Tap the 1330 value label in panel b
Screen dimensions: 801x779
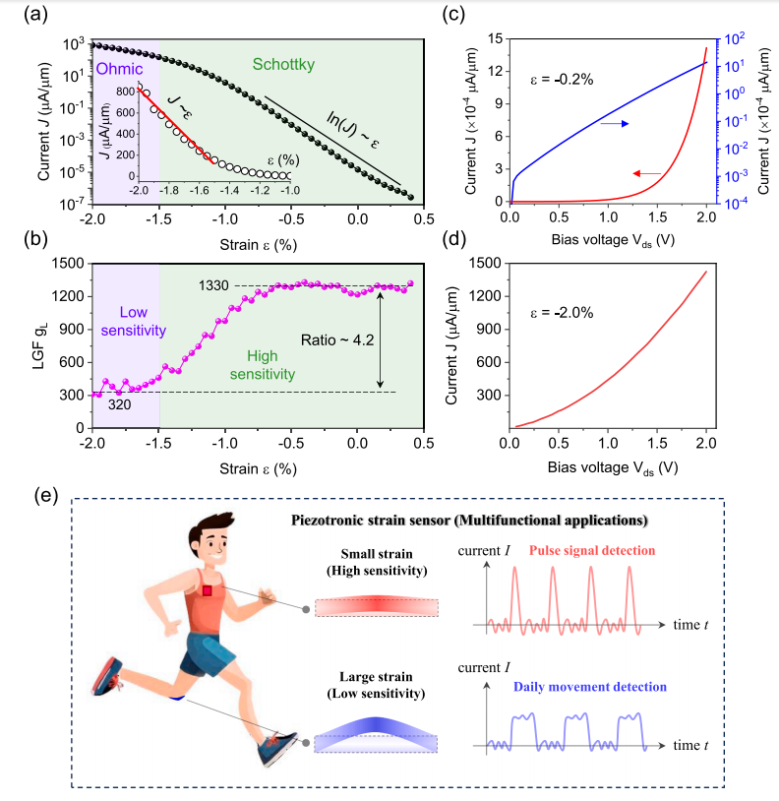(214, 285)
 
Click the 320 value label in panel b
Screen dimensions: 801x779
(120, 402)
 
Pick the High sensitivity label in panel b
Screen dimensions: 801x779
(260, 364)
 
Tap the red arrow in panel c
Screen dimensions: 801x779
(646, 173)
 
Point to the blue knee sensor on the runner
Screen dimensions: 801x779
(177, 697)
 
